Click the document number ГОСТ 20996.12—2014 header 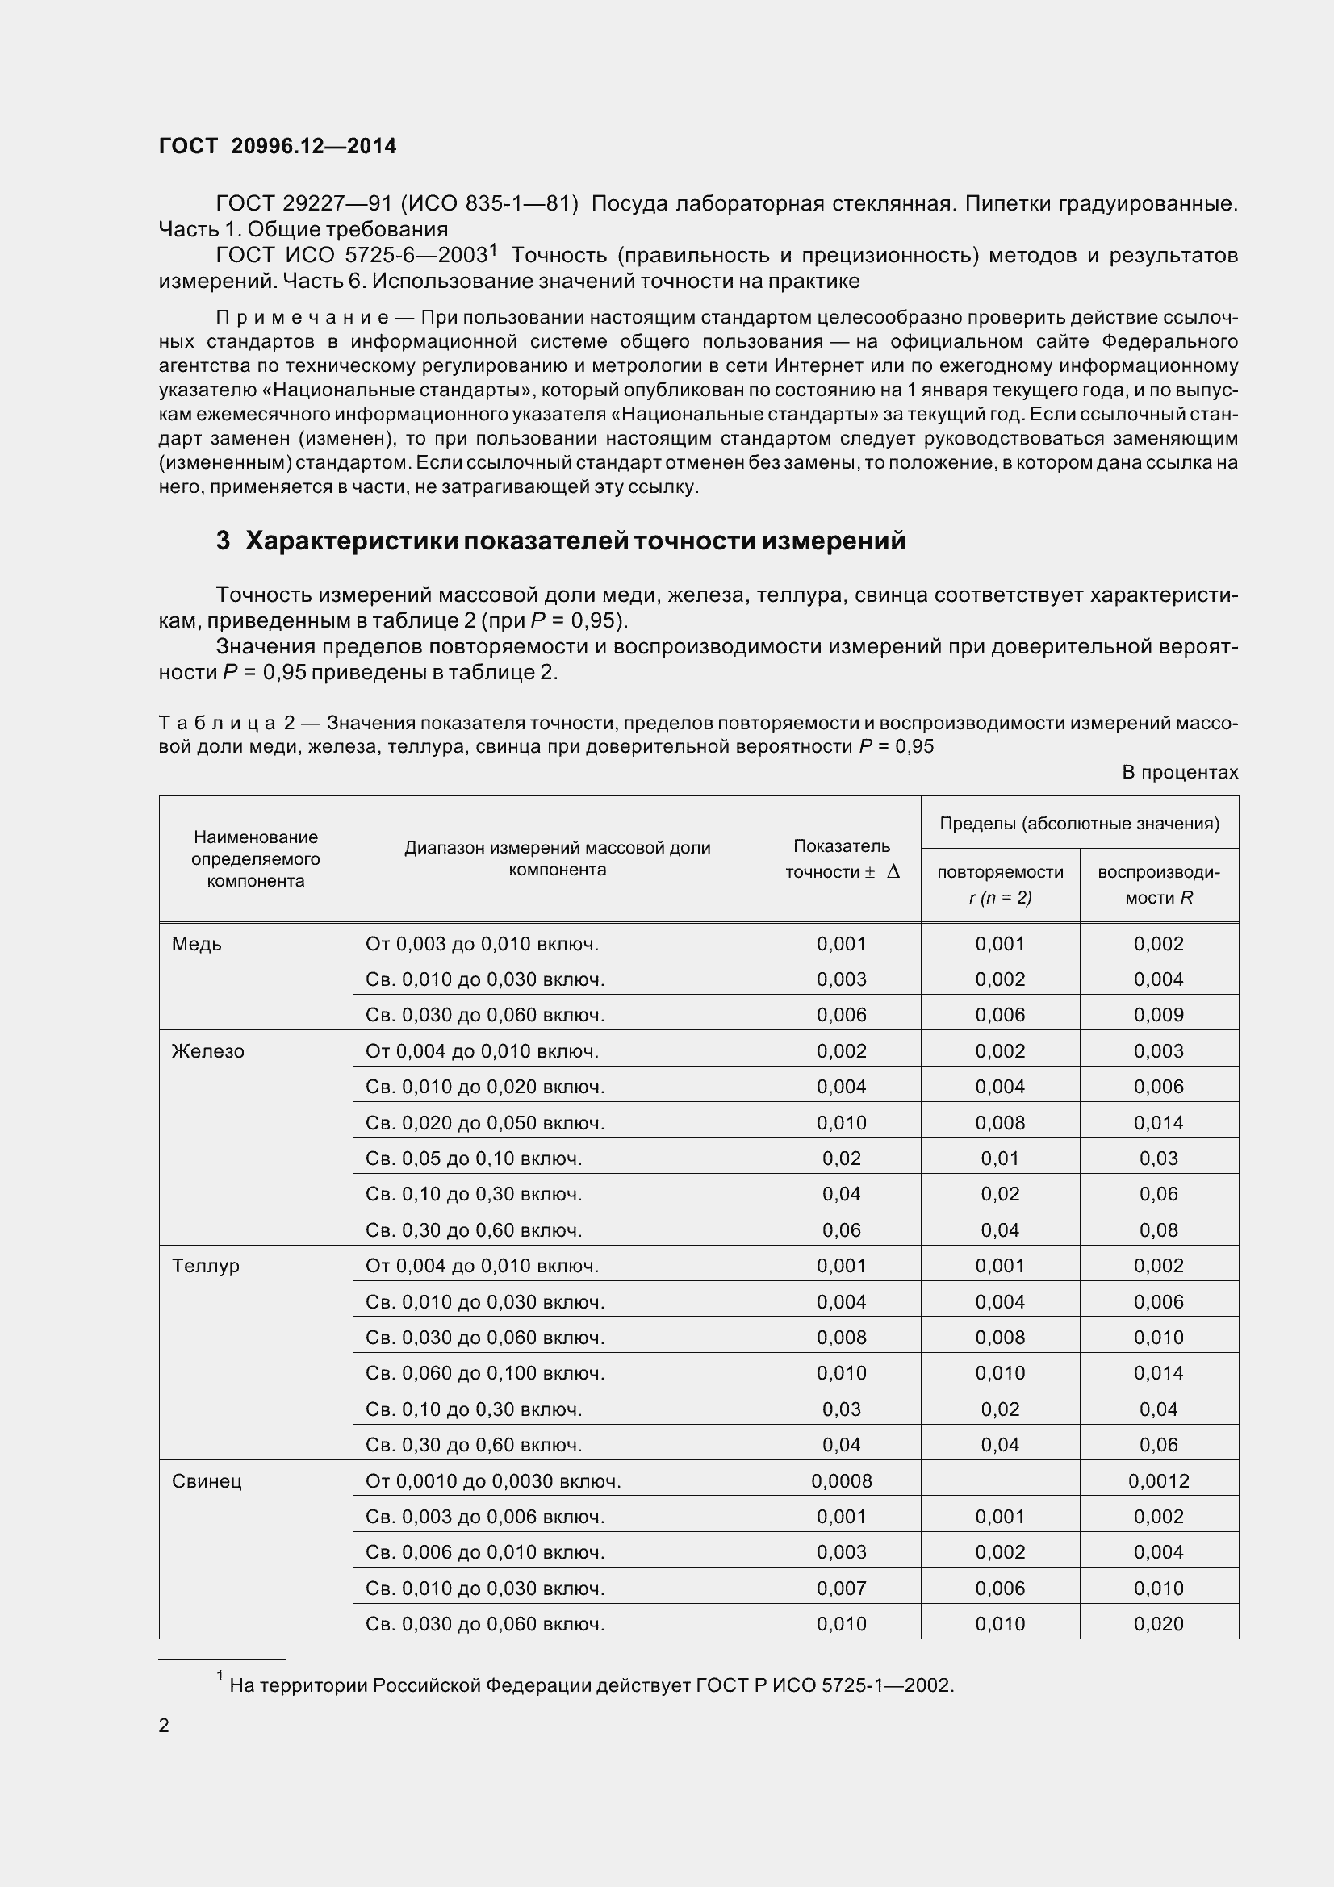(x=277, y=146)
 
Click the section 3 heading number (x=223, y=541)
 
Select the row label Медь (x=196, y=944)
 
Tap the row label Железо (x=207, y=1051)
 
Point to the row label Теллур (x=206, y=1266)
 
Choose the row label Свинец (x=207, y=1481)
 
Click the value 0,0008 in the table (x=841, y=1481)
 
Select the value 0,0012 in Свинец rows (x=1158, y=1481)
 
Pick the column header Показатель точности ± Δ (x=841, y=859)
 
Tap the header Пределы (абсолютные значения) (x=1078, y=824)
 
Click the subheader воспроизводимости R (x=1158, y=884)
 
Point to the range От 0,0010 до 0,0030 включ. (x=493, y=1481)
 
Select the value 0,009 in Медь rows (x=1158, y=1015)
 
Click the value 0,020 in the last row (x=1158, y=1624)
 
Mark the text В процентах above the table (x=1180, y=773)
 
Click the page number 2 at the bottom (x=164, y=1725)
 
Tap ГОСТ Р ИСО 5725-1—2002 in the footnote (x=824, y=1685)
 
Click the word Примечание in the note (x=302, y=317)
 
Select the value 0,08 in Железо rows (x=1158, y=1230)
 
